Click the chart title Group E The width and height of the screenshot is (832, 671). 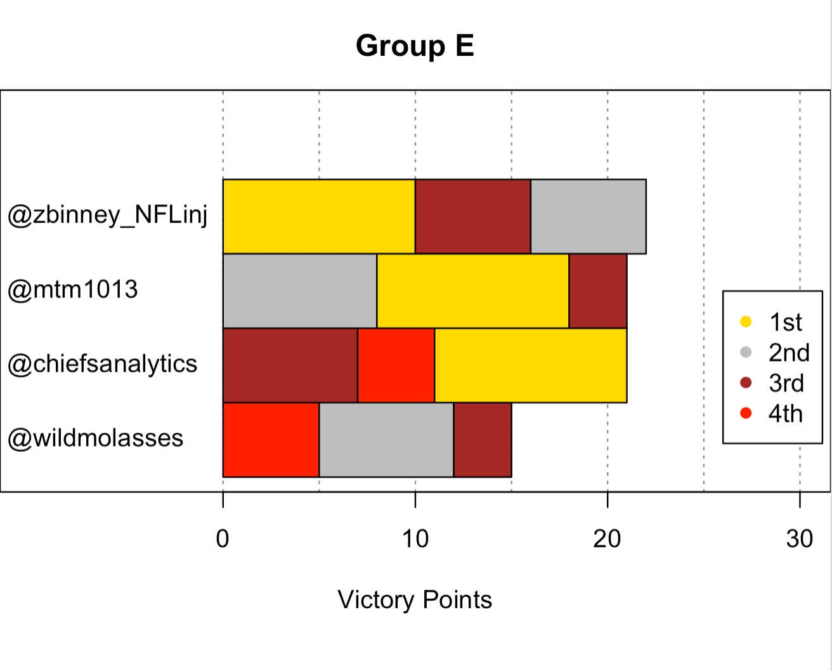click(415, 46)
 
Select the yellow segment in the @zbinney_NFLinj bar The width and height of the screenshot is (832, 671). click(319, 216)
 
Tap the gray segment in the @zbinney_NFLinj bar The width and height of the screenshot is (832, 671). click(588, 216)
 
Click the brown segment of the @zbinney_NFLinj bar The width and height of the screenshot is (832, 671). click(473, 216)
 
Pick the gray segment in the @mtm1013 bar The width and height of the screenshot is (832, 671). click(300, 291)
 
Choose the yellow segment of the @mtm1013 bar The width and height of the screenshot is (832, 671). click(473, 291)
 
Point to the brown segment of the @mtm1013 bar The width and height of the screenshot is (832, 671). click(598, 291)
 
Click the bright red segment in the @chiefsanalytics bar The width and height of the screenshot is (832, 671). click(396, 365)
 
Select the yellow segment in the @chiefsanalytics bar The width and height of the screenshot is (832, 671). click(530, 365)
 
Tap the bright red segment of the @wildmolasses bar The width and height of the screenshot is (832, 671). click(271, 440)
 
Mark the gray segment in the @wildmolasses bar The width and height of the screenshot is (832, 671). click(386, 440)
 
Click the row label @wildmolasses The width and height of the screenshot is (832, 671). click(96, 438)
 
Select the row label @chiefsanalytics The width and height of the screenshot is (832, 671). click(103, 365)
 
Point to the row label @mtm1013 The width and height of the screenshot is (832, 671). click(73, 290)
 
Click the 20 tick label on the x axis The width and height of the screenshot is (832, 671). click(607, 539)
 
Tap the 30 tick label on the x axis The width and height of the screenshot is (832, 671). click(800, 539)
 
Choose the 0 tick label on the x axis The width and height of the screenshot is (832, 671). click(223, 539)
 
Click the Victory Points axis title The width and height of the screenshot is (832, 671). click(415, 600)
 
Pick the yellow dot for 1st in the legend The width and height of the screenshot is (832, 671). click(746, 322)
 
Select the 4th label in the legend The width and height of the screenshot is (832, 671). click(785, 414)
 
